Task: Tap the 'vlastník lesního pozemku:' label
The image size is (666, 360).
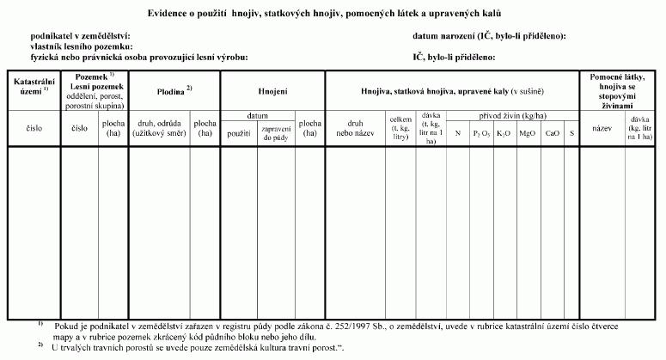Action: pos(82,46)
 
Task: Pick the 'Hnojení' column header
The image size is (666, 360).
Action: pos(272,90)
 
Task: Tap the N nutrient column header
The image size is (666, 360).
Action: pos(458,133)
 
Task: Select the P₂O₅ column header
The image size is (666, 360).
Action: pos(482,133)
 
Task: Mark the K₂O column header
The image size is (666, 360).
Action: pos(504,133)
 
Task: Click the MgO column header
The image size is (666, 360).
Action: pos(528,133)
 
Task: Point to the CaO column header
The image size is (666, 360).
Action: pos(553,133)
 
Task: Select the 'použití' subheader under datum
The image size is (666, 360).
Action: pos(239,133)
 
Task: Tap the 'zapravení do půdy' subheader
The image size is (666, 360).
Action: pos(276,133)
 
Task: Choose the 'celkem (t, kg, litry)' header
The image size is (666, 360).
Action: pos(400,128)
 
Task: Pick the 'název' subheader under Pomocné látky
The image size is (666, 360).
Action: pos(601,129)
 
